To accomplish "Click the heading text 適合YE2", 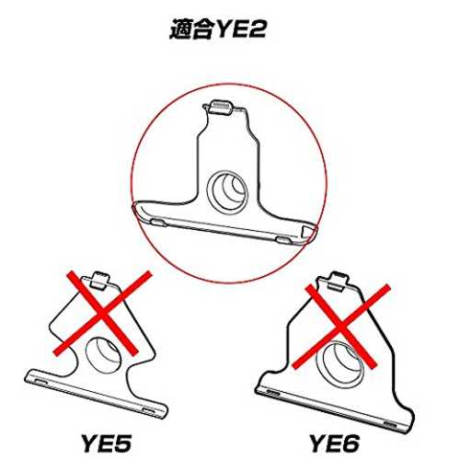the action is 217,29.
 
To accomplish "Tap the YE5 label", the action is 107,443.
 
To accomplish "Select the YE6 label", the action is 334,443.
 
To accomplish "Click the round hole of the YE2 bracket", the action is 227,191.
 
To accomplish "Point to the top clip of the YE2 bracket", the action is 222,107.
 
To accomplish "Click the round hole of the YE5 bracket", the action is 103,354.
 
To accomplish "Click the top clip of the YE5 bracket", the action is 101,280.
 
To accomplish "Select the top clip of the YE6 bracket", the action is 339,281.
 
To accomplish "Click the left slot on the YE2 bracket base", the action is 159,222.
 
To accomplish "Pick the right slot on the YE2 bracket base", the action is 284,240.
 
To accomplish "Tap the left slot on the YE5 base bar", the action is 41,382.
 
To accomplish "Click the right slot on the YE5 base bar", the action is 150,411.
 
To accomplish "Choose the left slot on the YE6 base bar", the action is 272,392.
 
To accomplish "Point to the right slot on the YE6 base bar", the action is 390,425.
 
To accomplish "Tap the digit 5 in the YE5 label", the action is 121,443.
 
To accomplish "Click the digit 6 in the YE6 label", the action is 349,443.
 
